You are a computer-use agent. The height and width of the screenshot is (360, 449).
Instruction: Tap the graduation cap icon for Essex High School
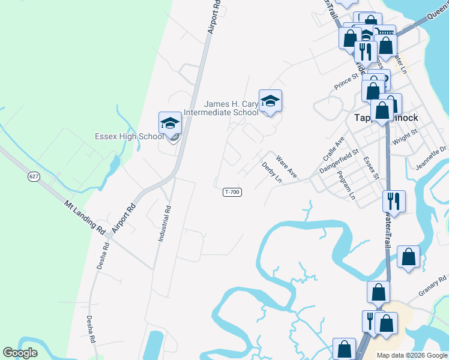click(x=170, y=124)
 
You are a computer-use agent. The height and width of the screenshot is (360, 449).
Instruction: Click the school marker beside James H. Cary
click(x=270, y=101)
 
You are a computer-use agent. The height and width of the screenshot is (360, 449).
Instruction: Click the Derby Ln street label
click(x=271, y=172)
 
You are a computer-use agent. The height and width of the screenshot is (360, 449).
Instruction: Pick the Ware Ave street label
click(x=286, y=166)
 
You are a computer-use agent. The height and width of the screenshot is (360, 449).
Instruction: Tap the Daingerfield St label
click(x=339, y=162)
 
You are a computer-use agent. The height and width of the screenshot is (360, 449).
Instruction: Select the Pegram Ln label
click(x=346, y=185)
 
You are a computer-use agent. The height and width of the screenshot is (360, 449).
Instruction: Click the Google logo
click(x=20, y=353)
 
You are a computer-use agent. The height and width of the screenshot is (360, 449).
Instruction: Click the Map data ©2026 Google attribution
click(x=412, y=355)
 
